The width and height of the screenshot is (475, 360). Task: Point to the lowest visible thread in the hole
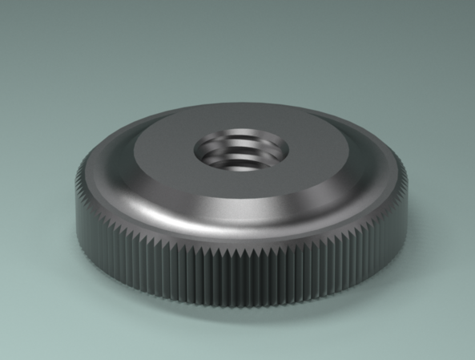(241, 166)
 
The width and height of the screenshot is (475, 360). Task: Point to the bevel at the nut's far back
(240, 109)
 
